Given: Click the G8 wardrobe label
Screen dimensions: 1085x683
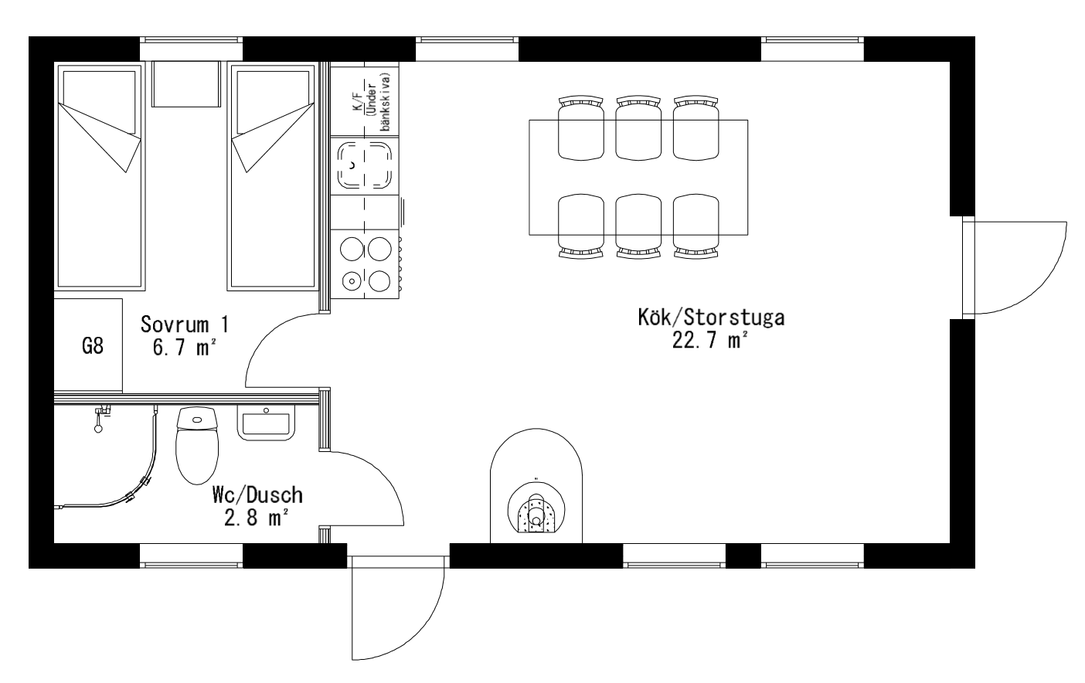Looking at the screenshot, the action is pyautogui.click(x=93, y=346).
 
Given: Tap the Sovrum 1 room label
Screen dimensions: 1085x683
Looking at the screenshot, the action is pyautogui.click(x=185, y=324).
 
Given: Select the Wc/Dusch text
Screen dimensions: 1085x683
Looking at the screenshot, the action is pyautogui.click(x=257, y=495).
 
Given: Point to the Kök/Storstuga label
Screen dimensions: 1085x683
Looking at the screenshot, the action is pyautogui.click(x=711, y=318).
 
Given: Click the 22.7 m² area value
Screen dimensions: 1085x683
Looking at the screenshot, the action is pyautogui.click(x=709, y=341).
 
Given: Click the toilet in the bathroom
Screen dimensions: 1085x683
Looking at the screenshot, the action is pyautogui.click(x=196, y=445).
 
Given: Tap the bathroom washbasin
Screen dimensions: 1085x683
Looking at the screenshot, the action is pyautogui.click(x=266, y=423).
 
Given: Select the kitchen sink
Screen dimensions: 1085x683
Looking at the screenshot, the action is pyautogui.click(x=365, y=165).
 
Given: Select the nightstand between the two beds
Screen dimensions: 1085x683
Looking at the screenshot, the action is pyautogui.click(x=186, y=83).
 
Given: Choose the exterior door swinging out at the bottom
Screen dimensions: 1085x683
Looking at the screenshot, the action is pyautogui.click(x=398, y=608).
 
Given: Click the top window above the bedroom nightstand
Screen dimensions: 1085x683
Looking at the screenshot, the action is pyautogui.click(x=192, y=49).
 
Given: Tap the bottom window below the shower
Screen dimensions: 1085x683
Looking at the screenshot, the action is pyautogui.click(x=192, y=556).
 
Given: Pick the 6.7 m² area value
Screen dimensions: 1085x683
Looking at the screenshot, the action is pyautogui.click(x=184, y=348).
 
